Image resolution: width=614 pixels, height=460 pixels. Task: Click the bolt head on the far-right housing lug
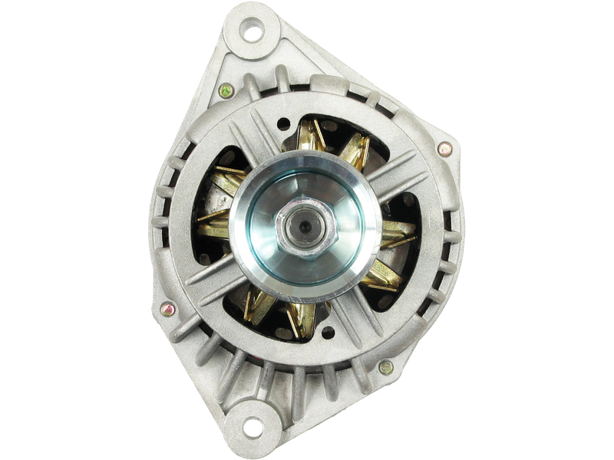pos(444,149)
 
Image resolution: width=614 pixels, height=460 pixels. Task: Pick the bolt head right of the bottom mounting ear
pos(387,368)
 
